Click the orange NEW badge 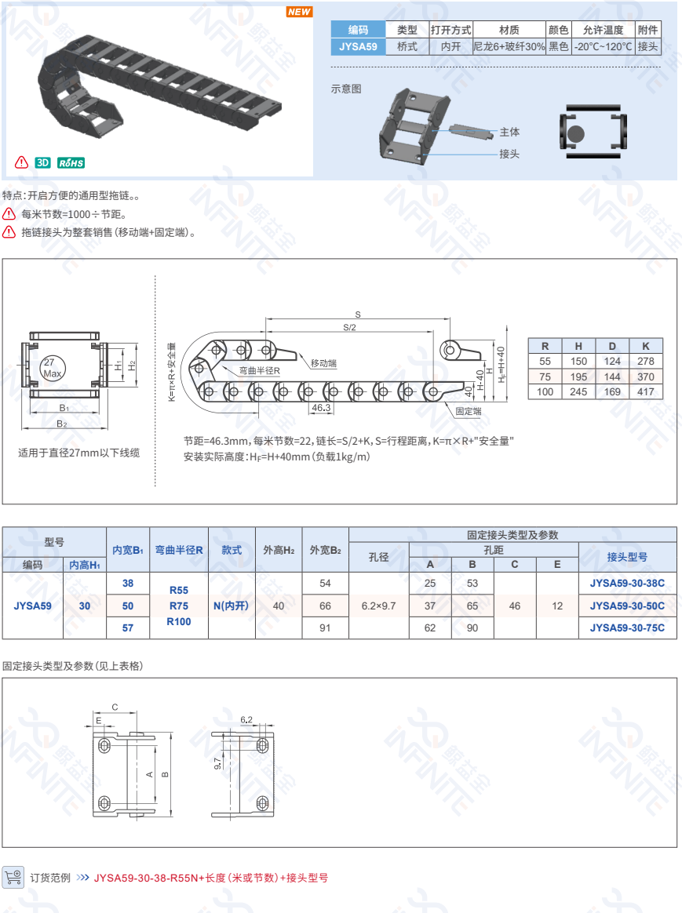coord(299,12)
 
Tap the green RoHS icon coord(71,163)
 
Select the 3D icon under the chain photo coord(42,163)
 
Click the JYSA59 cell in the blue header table coord(358,46)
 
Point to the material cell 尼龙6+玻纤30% coord(509,46)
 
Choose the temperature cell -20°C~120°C coord(604,46)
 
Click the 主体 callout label coord(509,133)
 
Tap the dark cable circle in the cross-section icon coord(575,133)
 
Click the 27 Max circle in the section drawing coord(52,367)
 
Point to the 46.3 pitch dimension coord(321,408)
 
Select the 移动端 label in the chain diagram coord(324,363)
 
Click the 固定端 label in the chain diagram coord(469,411)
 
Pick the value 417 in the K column coord(645,392)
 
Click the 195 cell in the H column coord(578,376)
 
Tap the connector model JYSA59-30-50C coord(627,606)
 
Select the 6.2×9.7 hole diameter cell coord(378,606)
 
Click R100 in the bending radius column coord(179,622)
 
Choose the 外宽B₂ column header coord(326,550)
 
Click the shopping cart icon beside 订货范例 coord(13,876)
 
